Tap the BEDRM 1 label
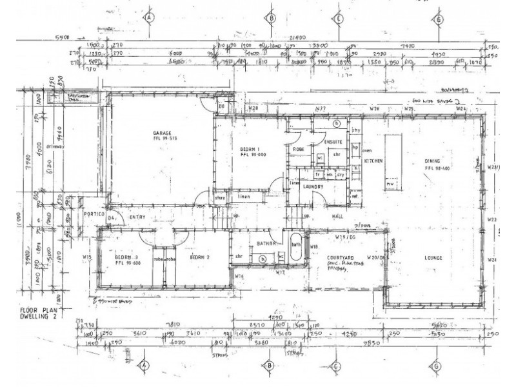pos(241,148)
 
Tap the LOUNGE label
pos(433,258)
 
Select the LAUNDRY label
pos(312,186)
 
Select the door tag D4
pos(111,219)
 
